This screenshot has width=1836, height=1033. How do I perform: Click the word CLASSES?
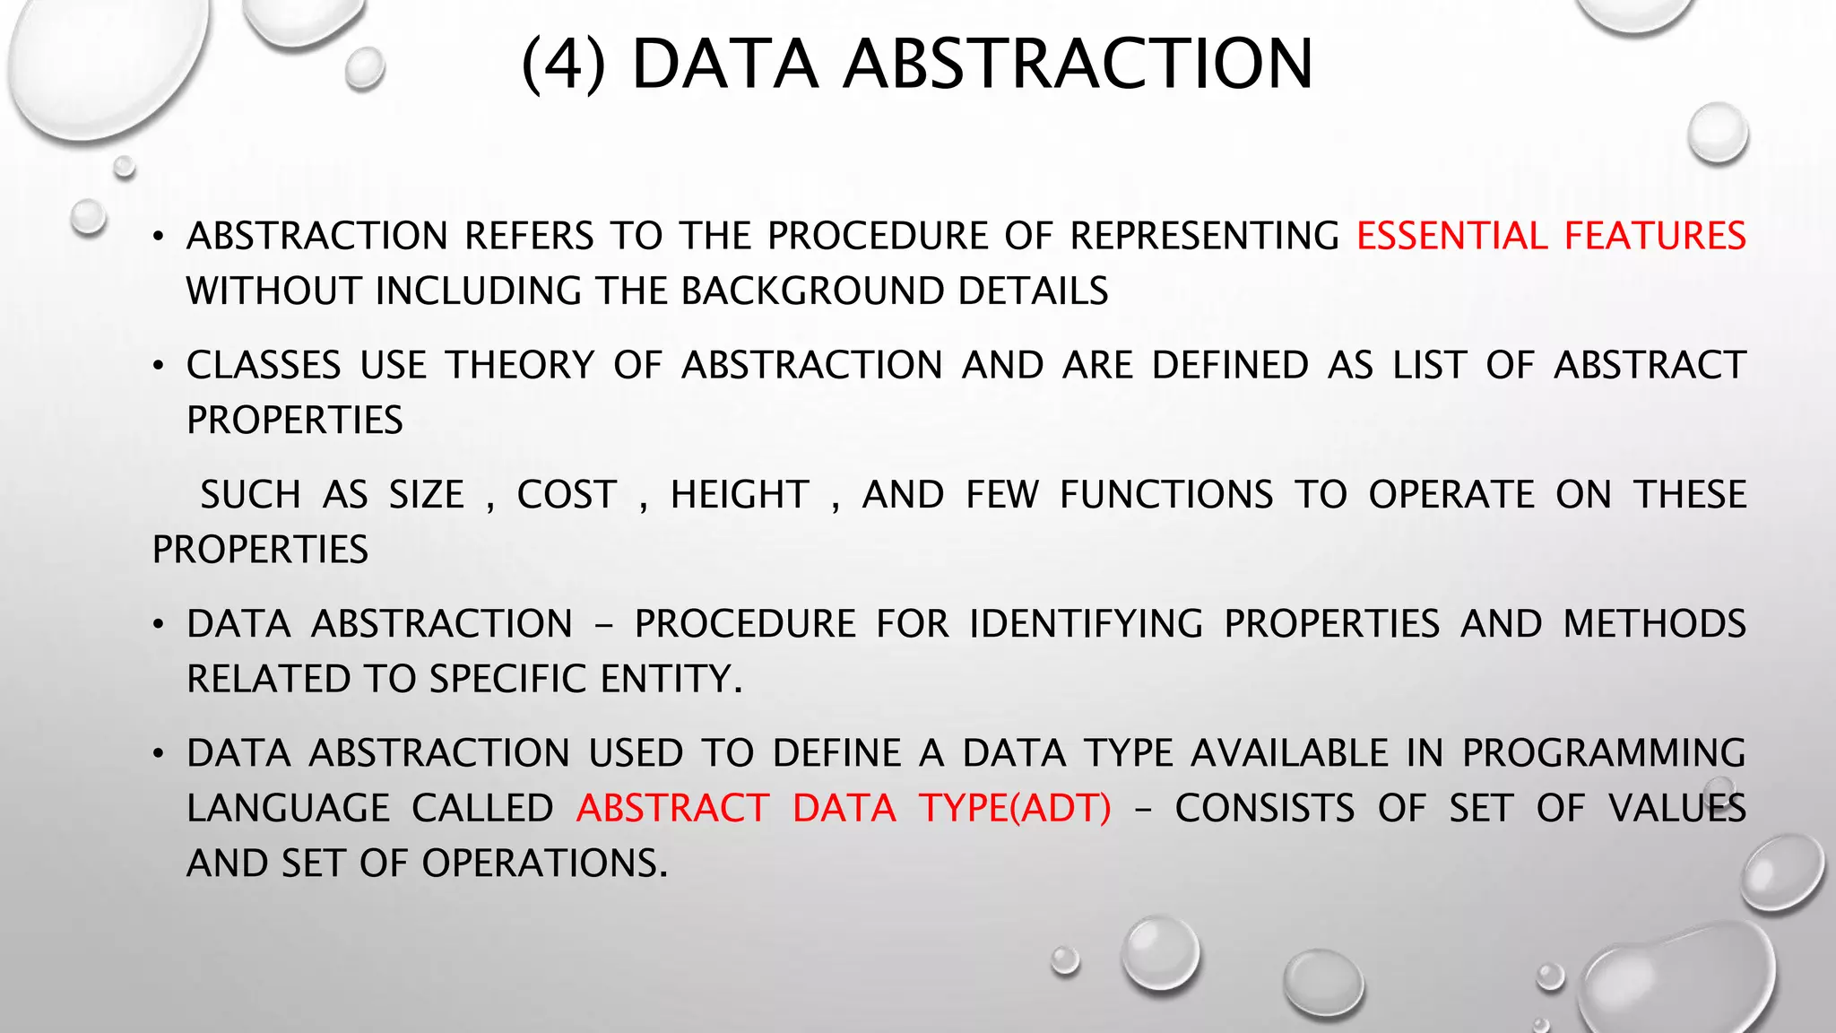264,366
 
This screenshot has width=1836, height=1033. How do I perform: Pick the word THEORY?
521,366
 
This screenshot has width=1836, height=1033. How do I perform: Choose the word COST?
567,495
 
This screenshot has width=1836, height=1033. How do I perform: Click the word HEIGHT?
740,495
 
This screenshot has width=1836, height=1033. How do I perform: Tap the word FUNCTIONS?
1166,495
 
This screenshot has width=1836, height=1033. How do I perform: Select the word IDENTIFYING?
1086,624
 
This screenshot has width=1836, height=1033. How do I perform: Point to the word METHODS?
1654,624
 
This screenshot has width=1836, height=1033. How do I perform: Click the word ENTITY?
671,680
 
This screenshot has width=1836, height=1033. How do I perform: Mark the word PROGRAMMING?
1604,753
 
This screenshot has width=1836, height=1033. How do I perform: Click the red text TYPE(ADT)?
1015,809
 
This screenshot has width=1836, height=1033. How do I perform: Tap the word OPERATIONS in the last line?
544,864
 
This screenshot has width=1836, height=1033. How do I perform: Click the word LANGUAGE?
288,809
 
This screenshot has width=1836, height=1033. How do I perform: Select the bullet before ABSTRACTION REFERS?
159,238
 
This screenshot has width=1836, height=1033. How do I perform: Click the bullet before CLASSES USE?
159,367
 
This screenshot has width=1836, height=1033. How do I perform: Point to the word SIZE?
426,495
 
